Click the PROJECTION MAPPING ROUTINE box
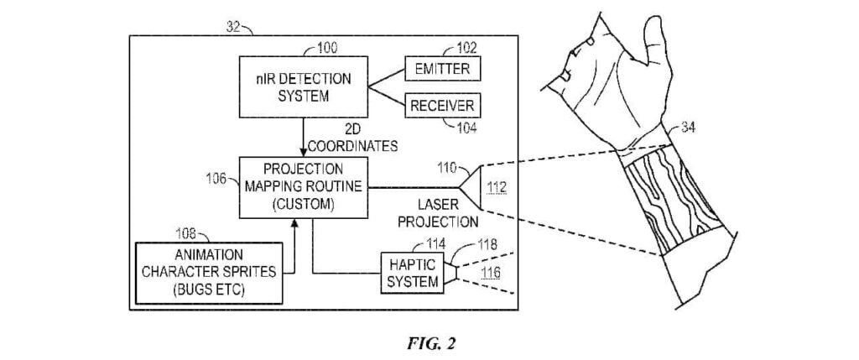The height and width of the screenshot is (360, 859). pos(304,186)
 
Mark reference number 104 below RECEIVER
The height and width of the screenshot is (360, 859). pos(464,128)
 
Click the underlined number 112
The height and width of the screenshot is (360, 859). pos(497,188)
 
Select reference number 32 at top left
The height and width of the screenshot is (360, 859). pos(237,27)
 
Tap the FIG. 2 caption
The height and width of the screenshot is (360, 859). pos(429,342)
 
